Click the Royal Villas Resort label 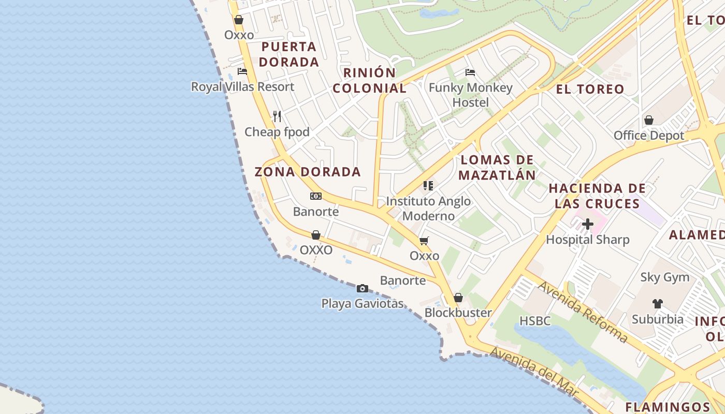tap(242, 86)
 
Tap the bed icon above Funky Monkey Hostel tap(470, 72)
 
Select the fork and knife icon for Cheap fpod tap(277, 116)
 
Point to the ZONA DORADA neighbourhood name tap(308, 172)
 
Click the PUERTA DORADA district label tap(289, 54)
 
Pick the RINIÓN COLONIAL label tap(370, 80)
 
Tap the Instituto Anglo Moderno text tap(428, 209)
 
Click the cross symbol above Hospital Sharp tap(587, 225)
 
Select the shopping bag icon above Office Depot tap(648, 121)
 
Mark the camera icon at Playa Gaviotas tap(363, 288)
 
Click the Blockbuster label tap(458, 313)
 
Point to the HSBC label tap(535, 321)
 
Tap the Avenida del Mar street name tap(533, 372)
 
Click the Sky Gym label tap(665, 277)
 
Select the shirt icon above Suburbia tap(657, 303)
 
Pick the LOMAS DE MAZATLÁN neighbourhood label tap(497, 167)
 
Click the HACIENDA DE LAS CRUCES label tap(597, 196)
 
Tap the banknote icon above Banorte tap(316, 196)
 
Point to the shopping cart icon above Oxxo tap(424, 241)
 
